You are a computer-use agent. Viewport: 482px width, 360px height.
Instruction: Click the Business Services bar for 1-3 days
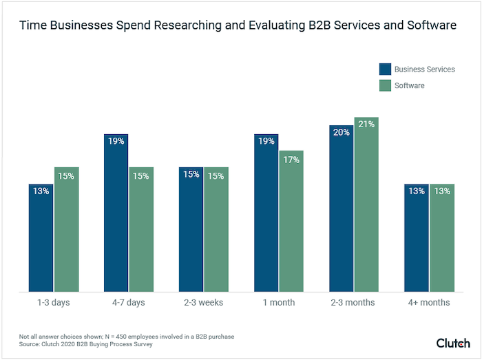click(x=41, y=237)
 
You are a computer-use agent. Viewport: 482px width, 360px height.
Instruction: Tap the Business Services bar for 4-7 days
click(x=116, y=213)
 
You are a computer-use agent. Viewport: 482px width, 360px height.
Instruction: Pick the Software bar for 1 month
click(x=291, y=221)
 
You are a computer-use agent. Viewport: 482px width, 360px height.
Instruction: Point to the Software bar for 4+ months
click(x=441, y=237)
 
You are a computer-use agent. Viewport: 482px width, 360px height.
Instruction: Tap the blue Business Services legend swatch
click(x=385, y=69)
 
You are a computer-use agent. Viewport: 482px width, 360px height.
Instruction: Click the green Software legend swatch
click(x=385, y=85)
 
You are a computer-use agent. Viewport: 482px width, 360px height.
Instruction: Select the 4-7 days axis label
click(x=128, y=302)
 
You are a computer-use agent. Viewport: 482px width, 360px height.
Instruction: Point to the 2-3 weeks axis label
click(x=203, y=302)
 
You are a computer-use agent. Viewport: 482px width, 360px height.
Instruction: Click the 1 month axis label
click(x=278, y=302)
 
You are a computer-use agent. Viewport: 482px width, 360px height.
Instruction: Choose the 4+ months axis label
click(x=428, y=302)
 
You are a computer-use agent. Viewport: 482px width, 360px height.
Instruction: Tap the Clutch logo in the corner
click(x=452, y=342)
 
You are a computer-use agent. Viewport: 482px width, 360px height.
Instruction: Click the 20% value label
click(x=341, y=133)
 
